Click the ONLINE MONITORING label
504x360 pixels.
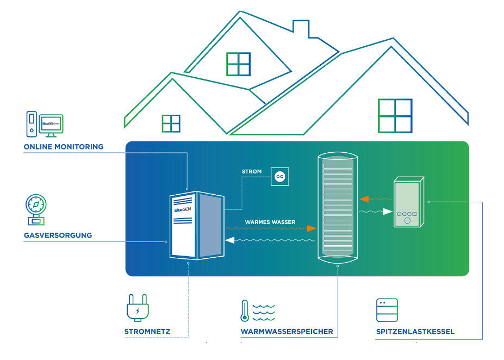click(x=64, y=147)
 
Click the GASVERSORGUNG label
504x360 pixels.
click(x=58, y=235)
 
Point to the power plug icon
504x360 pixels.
click(x=137, y=308)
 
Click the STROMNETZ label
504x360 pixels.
click(x=147, y=331)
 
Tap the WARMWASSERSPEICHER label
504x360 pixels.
click(x=287, y=331)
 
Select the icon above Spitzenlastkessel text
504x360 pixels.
click(x=387, y=310)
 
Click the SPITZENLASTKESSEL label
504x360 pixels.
click(x=415, y=331)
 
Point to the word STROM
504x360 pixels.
click(x=252, y=172)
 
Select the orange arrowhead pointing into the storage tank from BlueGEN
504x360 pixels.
click(x=312, y=228)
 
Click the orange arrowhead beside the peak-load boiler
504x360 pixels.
click(x=363, y=199)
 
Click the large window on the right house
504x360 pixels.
click(x=395, y=116)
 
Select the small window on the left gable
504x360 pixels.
click(x=171, y=123)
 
